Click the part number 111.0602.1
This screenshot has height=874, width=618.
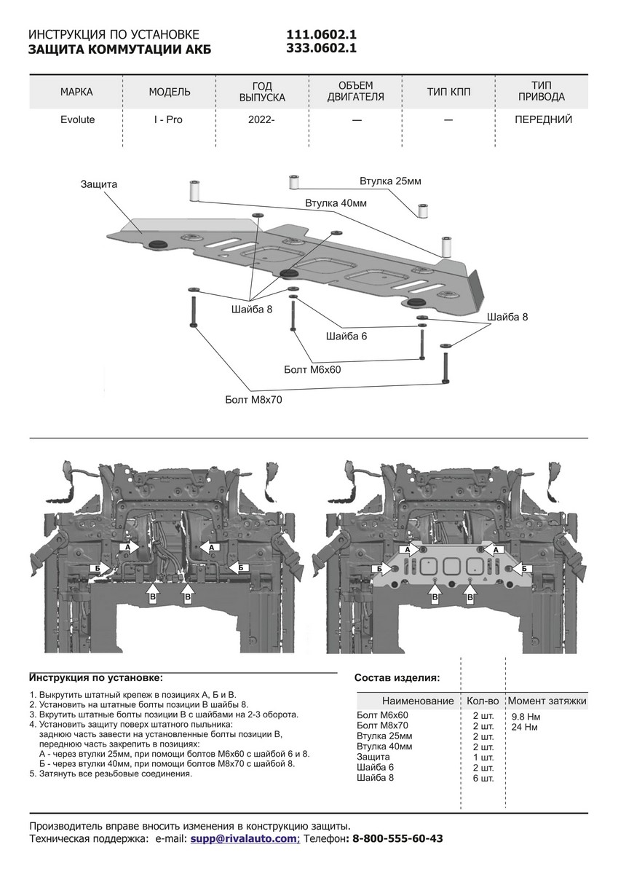point(322,35)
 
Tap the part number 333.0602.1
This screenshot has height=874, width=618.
point(322,49)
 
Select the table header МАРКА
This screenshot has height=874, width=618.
point(76,92)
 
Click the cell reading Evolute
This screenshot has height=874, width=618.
point(76,119)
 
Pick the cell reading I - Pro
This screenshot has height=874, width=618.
point(168,119)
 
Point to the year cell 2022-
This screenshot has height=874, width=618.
point(261,119)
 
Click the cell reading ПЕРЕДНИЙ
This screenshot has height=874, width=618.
point(542,119)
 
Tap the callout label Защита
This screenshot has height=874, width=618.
point(98,185)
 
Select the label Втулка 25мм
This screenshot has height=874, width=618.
point(390,181)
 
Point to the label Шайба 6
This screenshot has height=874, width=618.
point(346,336)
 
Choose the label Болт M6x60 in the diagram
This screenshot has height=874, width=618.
point(312,370)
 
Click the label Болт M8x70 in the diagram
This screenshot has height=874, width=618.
point(253,400)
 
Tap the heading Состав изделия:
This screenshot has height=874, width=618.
point(397,677)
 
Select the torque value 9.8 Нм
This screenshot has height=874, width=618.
point(526,717)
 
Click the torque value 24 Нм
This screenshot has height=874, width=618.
point(524,727)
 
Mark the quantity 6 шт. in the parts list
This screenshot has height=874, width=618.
point(483,778)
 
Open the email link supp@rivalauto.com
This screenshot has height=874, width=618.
point(244,839)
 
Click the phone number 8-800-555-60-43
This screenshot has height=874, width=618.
point(397,839)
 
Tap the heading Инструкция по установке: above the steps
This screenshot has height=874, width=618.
point(96,677)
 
